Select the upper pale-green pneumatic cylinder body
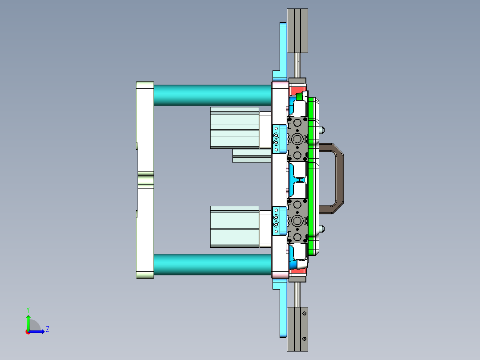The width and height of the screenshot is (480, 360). point(234,127)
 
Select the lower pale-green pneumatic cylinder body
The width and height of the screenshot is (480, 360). point(234,226)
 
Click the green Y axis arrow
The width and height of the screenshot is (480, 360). point(28,321)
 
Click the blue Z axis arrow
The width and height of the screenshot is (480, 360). point(38,331)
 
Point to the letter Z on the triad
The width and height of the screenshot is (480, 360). point(47,329)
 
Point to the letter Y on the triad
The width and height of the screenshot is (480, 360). point(28,309)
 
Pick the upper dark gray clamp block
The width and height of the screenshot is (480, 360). point(297,138)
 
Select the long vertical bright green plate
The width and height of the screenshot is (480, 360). point(311,178)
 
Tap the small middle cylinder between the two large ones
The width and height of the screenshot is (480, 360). point(252,156)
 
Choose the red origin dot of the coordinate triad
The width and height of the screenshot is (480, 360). point(28,331)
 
